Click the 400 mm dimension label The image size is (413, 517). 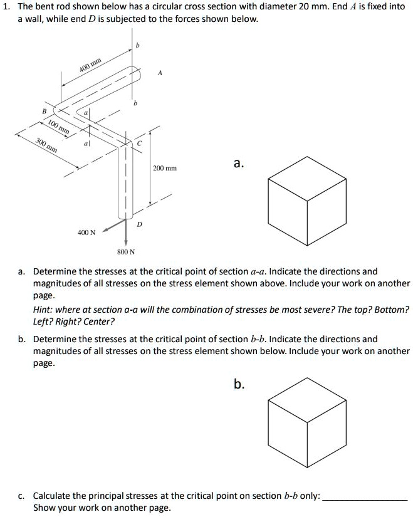90,64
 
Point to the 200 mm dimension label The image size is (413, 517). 165,169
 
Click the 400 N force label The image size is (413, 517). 86,232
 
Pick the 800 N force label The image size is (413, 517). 126,252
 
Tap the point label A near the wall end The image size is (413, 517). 160,73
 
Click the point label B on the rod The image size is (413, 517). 43,110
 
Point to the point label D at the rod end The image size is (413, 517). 139,224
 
